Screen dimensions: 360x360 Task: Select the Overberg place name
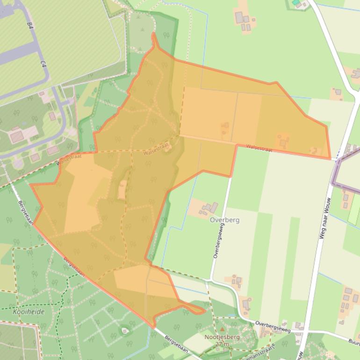coord(225,220)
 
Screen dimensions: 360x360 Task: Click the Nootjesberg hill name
coord(222,337)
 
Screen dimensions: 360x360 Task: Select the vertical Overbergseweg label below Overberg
coord(219,241)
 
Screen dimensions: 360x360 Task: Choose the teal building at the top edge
coord(295,2)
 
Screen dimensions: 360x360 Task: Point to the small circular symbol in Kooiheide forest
coord(125,331)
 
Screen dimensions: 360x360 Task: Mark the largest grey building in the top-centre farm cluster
coord(239,18)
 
